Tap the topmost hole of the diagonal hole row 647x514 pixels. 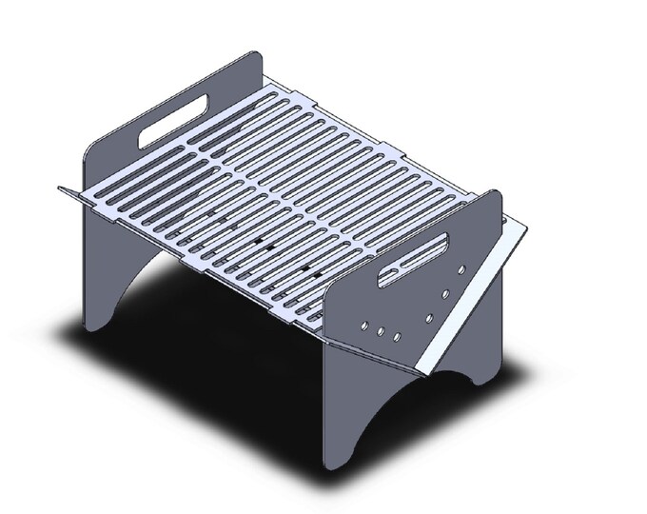coord(461,271)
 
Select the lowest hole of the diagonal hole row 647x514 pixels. coord(428,317)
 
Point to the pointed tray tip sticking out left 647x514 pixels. coord(62,188)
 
